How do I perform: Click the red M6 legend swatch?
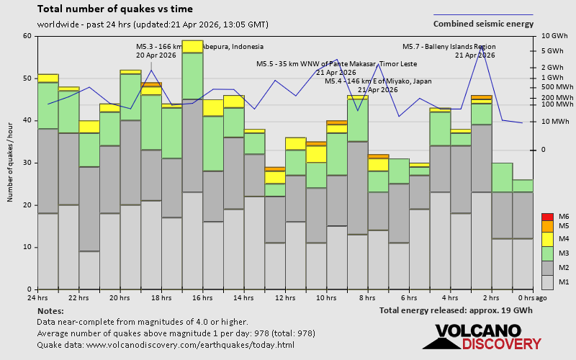546,217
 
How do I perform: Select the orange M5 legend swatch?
546,226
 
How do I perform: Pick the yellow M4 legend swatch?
546,238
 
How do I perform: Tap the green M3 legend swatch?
546,253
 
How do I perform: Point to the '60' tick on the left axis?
27,36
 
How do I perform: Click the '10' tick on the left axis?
27,247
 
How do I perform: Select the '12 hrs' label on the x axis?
284,297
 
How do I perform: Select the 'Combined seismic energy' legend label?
483,24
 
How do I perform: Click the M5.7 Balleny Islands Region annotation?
449,47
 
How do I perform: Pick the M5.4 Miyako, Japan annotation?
378,81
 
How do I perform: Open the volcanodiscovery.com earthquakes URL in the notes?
166,345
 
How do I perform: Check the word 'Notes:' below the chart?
50,310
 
